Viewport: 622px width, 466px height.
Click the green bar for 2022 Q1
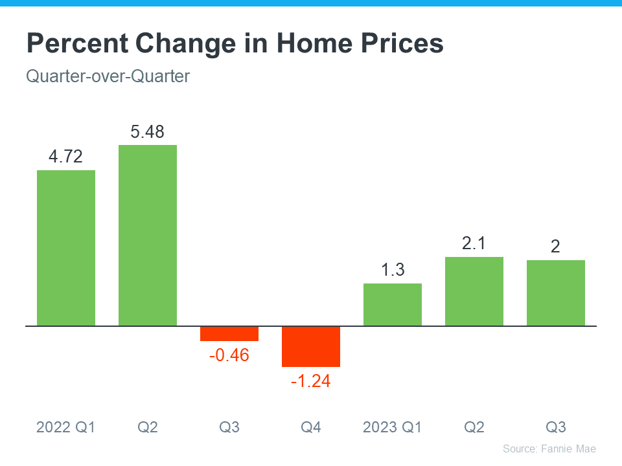pos(66,248)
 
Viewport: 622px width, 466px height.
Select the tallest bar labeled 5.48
pos(148,235)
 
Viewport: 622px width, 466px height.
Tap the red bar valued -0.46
pos(229,333)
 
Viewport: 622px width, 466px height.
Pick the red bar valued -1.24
pos(311,346)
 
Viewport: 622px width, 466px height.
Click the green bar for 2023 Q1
pos(393,304)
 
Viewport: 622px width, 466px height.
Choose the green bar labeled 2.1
pos(474,291)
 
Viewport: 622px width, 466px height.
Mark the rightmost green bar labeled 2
pos(556,293)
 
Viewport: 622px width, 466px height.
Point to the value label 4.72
pos(66,157)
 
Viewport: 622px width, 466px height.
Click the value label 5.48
pos(148,132)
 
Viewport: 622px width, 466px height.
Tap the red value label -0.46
pos(229,355)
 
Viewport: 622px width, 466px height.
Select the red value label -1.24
pos(311,381)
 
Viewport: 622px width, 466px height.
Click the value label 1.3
pos(393,270)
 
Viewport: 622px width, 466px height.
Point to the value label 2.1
pos(474,244)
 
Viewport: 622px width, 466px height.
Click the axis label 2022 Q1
pos(66,427)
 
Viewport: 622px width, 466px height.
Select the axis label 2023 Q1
pos(393,427)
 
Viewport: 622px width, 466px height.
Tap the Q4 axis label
pos(311,427)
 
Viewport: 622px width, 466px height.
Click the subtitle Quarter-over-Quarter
pos(108,76)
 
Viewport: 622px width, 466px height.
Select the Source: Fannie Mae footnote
pos(549,449)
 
